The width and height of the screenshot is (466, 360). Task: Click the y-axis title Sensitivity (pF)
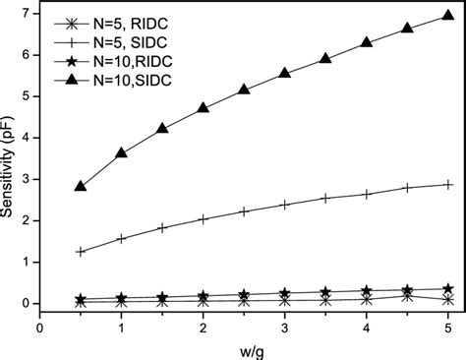(11, 157)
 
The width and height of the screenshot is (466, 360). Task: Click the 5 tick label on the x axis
(448, 326)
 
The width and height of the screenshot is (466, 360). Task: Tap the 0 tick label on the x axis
(40, 326)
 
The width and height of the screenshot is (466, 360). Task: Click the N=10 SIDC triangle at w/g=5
(448, 18)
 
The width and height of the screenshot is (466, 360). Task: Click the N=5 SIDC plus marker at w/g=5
(448, 184)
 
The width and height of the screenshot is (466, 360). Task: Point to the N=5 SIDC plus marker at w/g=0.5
(81, 252)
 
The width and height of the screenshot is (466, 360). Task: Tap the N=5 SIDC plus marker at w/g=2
(204, 219)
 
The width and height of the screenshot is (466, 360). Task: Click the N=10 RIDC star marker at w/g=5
(448, 289)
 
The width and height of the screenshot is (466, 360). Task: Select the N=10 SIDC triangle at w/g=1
(122, 153)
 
